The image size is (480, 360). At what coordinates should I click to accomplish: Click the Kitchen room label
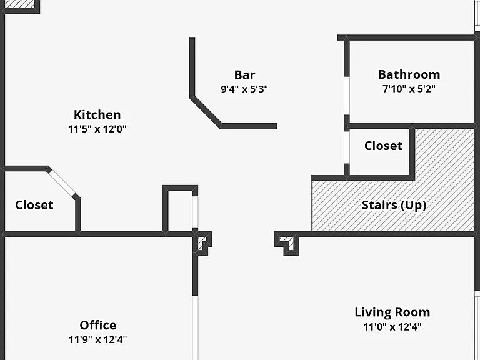[97, 114]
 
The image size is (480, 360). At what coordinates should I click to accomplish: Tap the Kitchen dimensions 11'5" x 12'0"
[97, 129]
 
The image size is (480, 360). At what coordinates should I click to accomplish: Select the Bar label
[244, 75]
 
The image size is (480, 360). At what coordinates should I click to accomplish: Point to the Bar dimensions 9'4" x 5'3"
[244, 89]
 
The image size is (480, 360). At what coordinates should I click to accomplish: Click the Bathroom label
[409, 74]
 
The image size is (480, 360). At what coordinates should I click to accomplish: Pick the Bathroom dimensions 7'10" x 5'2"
[409, 89]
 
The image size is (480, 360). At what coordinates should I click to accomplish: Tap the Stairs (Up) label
[394, 205]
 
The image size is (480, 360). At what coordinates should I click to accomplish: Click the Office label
[98, 325]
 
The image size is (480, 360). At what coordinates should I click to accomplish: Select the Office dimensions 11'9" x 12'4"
[97, 339]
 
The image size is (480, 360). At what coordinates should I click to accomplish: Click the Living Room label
[392, 312]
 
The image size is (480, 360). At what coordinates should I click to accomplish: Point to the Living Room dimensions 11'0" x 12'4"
[392, 327]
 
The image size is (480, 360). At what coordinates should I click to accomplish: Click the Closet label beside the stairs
[383, 146]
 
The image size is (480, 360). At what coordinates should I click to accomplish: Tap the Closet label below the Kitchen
[34, 205]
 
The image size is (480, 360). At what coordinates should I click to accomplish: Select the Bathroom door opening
[346, 96]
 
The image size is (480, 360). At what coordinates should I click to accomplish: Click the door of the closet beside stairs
[346, 147]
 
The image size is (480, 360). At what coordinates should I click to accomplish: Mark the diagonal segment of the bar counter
[206, 112]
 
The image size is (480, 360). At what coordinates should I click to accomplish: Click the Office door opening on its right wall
[195, 327]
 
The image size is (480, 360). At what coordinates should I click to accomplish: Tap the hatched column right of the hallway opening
[287, 243]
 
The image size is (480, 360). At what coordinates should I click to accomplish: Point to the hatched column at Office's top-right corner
[202, 244]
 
